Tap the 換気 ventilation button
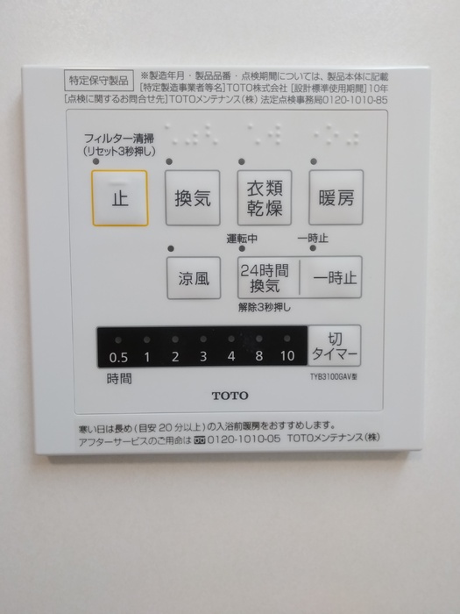pyautogui.click(x=193, y=197)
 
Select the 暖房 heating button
pyautogui.click(x=336, y=197)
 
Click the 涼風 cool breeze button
pyautogui.click(x=193, y=279)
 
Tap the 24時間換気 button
pyautogui.click(x=265, y=279)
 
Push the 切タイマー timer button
pyautogui.click(x=334, y=346)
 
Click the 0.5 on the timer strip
pyautogui.click(x=118, y=357)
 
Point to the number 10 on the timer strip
pyautogui.click(x=287, y=357)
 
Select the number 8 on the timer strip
pyautogui.click(x=259, y=357)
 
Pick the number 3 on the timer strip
pyautogui.click(x=203, y=357)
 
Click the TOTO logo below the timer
pyautogui.click(x=230, y=396)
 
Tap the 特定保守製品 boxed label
pyautogui.click(x=97, y=79)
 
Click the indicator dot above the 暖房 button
pyautogui.click(x=313, y=161)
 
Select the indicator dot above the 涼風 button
pyautogui.click(x=171, y=248)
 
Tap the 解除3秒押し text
pyautogui.click(x=264, y=307)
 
